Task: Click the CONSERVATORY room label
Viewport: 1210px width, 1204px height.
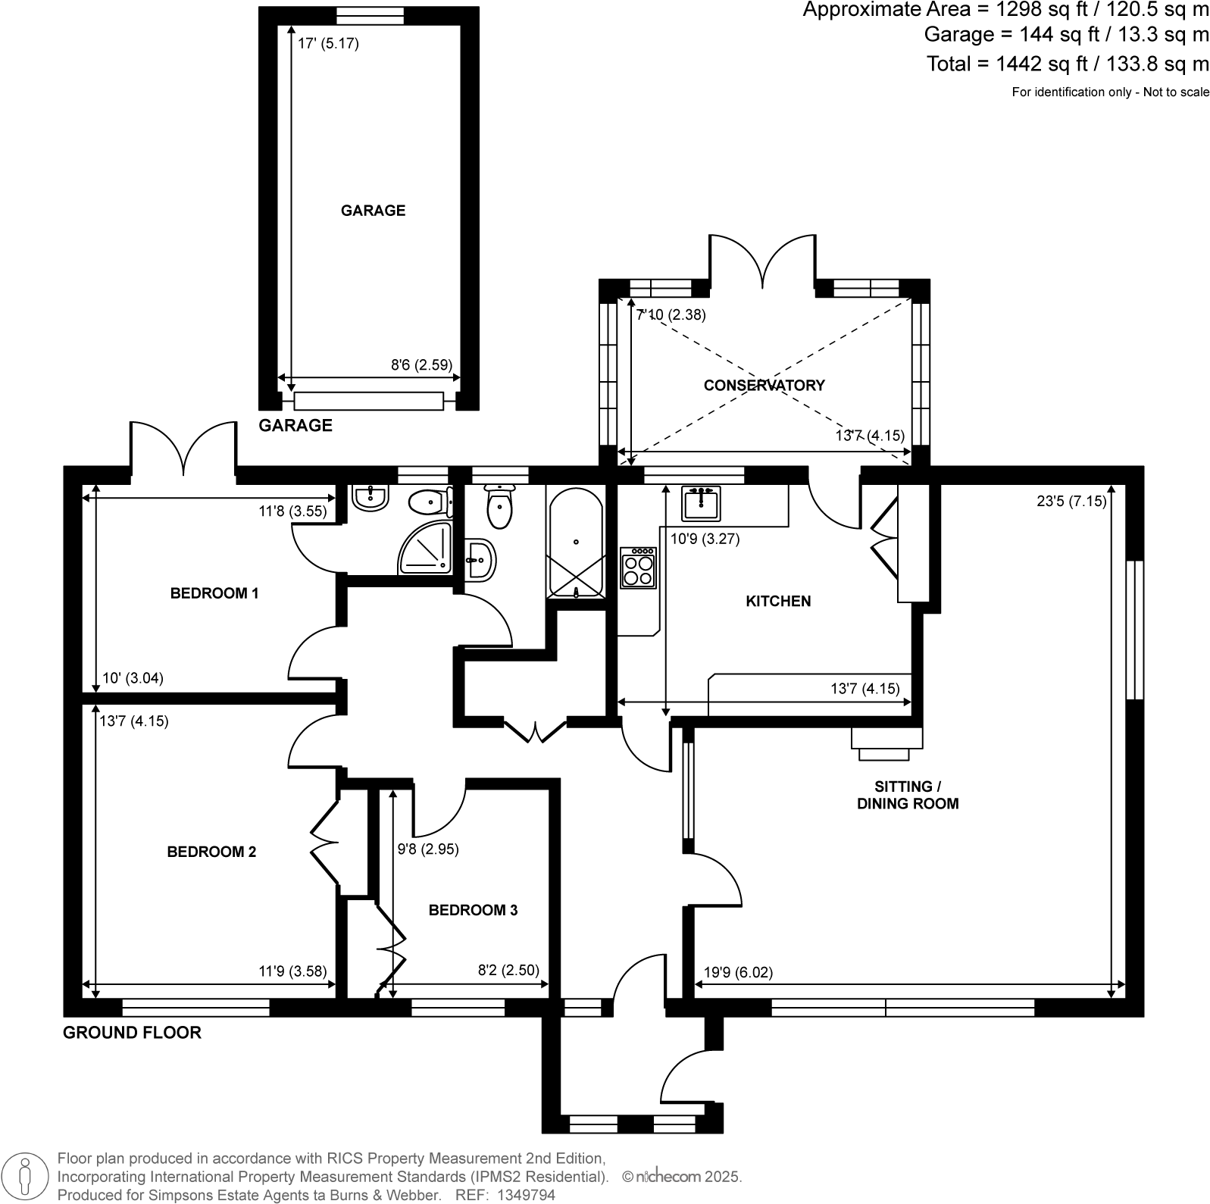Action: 763,385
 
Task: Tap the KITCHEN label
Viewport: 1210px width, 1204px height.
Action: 777,601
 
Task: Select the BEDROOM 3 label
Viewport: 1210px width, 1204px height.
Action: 473,909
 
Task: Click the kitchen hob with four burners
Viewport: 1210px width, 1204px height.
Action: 637,567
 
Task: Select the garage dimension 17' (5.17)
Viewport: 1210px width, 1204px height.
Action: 327,44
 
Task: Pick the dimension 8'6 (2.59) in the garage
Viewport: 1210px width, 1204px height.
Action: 421,364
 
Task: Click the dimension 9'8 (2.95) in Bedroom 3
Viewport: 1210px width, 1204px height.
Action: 428,849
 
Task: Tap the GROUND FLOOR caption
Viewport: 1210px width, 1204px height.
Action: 132,1032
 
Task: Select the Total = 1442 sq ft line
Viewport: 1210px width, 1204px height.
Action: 1068,64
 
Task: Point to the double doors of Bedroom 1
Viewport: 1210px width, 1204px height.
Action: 183,449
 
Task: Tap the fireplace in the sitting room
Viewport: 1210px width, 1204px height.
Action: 885,742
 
